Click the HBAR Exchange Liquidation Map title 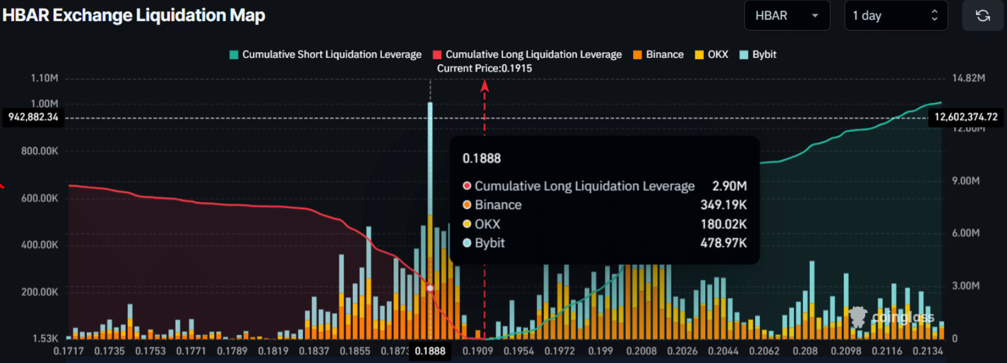coord(134,15)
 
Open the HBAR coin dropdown coord(787,16)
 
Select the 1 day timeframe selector coord(896,16)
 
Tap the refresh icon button coord(982,16)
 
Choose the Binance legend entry coord(658,55)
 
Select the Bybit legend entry coord(758,55)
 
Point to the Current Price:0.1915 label coord(484,68)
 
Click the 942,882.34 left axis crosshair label coord(33,117)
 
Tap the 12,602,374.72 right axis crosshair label coord(966,117)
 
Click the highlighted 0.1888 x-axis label coord(430,351)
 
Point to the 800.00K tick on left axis coord(39,151)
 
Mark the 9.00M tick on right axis coord(965,181)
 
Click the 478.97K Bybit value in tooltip coord(723,243)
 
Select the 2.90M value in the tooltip coord(729,186)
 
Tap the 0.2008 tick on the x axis coord(641,351)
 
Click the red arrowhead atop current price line coord(485,86)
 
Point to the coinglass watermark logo coord(892,317)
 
